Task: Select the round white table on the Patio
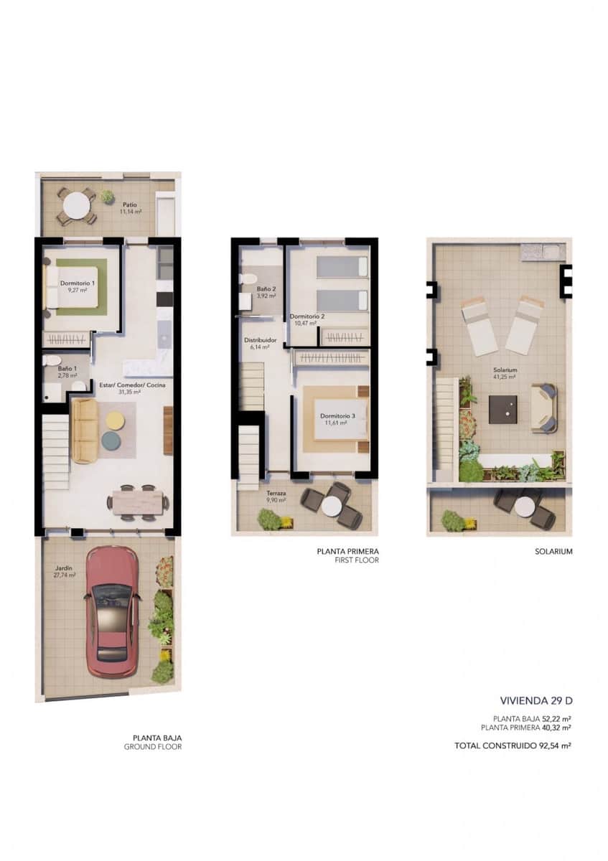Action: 76,207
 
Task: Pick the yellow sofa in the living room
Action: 85,430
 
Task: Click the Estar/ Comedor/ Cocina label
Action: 132,388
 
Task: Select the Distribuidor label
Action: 256,343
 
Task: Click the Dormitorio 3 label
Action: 336,419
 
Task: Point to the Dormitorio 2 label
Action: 307,320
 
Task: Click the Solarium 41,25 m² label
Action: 505,374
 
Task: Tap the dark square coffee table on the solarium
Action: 502,410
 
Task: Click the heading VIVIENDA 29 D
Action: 535,700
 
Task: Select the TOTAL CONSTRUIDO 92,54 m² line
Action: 513,746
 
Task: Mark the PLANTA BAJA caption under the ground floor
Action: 157,738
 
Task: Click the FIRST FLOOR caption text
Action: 357,560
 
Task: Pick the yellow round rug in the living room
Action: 116,418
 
